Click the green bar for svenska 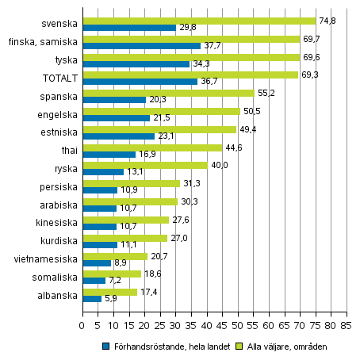click(198, 21)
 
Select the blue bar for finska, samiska click(141, 46)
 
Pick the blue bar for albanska click(92, 299)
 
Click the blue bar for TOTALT click(140, 82)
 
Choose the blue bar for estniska click(118, 136)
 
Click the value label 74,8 click(327, 21)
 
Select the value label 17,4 click(149, 292)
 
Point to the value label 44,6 click(233, 147)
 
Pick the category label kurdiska click(59, 240)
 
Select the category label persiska click(58, 187)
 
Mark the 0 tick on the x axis click(82, 324)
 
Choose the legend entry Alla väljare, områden click(283, 346)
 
